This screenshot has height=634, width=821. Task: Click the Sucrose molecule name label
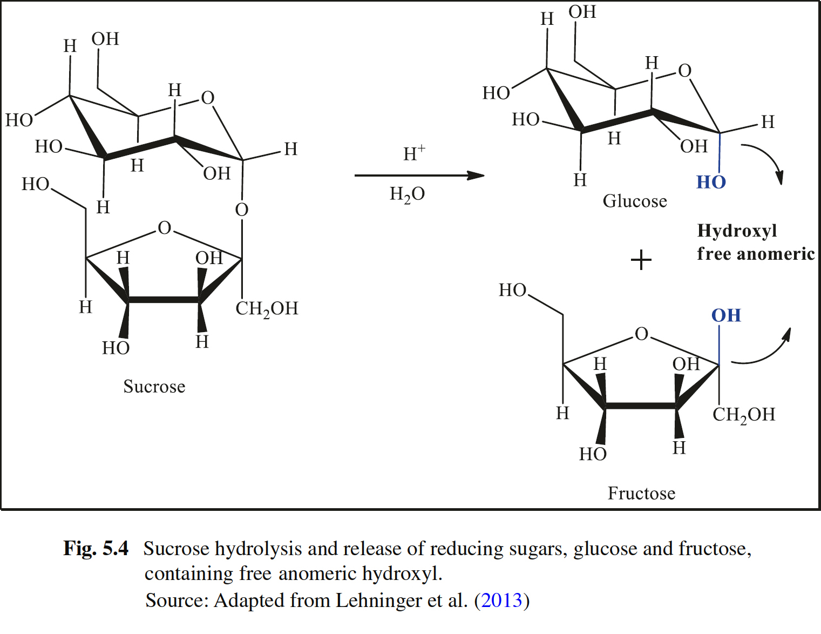(x=154, y=387)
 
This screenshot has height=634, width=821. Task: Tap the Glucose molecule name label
(x=635, y=201)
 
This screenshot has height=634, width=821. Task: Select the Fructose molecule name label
(x=641, y=493)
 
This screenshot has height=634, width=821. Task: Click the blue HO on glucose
(x=711, y=183)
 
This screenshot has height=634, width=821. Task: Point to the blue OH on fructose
(x=726, y=315)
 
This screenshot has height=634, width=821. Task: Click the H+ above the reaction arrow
(x=414, y=154)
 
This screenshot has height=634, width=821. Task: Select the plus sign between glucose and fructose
(x=641, y=260)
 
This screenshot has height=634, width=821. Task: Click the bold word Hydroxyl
(x=737, y=231)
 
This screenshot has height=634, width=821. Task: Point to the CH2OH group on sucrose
(x=267, y=309)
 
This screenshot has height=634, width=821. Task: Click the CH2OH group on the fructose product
(x=744, y=415)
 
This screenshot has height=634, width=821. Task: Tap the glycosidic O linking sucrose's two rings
(x=242, y=210)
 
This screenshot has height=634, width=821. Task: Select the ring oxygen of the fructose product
(x=641, y=334)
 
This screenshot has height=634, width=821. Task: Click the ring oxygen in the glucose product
(x=684, y=71)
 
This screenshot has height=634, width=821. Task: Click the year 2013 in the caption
(x=501, y=601)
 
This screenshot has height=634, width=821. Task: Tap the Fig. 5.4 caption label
(x=96, y=549)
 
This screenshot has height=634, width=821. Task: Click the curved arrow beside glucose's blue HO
(x=766, y=160)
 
